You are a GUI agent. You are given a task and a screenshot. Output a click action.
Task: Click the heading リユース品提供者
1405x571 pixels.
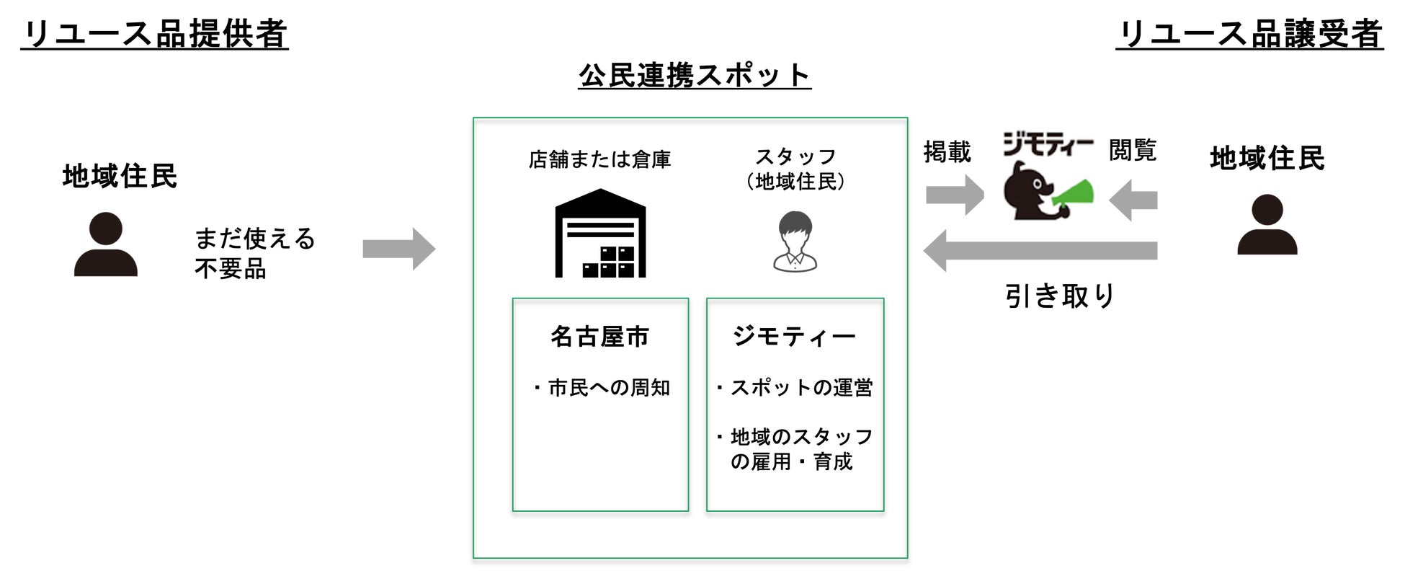(x=154, y=34)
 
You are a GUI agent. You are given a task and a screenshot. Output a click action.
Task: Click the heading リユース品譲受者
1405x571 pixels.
(x=1249, y=34)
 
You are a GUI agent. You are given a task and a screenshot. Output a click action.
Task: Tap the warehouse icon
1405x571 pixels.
(x=600, y=234)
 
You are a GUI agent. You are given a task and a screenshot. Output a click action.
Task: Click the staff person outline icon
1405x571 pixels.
(x=795, y=242)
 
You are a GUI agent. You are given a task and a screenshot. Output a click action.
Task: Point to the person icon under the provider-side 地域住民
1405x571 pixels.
(x=106, y=244)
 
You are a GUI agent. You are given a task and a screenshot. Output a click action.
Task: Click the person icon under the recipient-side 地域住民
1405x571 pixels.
(x=1267, y=224)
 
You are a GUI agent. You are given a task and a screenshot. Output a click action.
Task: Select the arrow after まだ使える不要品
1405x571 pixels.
(x=398, y=249)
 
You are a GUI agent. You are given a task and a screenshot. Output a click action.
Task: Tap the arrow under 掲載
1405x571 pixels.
(x=954, y=195)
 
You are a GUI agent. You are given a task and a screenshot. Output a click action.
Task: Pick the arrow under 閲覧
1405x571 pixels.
(x=1133, y=200)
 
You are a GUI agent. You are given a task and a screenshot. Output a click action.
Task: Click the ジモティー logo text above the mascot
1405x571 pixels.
(x=1048, y=146)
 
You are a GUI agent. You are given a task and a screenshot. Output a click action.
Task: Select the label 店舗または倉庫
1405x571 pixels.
(x=599, y=159)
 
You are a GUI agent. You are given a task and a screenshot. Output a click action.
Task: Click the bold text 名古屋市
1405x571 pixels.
(x=599, y=337)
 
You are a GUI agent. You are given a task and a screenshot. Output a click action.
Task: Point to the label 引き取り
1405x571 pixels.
(x=1060, y=296)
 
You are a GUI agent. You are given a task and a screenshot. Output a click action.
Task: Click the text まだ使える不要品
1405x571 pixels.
(x=254, y=253)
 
